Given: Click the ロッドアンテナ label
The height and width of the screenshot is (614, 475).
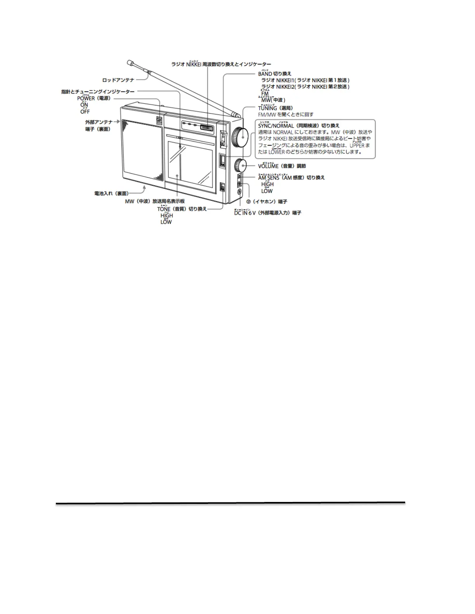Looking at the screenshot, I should click(x=118, y=80).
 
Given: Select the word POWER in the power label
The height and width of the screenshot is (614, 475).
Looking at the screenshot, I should click(x=86, y=98).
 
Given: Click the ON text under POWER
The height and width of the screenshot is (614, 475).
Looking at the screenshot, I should click(x=84, y=105).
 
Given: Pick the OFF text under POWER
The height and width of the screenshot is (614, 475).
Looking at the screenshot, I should click(x=85, y=112).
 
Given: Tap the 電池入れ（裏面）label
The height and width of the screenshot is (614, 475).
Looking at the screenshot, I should click(x=111, y=193).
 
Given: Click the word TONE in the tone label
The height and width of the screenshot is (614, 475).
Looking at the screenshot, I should click(x=164, y=209).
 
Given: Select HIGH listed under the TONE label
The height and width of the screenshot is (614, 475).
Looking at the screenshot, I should click(x=166, y=216).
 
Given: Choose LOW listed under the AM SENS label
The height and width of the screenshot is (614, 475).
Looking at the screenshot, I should click(x=267, y=191).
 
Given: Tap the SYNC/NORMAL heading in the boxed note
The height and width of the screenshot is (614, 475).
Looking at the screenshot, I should click(x=276, y=126).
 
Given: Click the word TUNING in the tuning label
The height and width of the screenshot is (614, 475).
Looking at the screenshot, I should click(x=267, y=108).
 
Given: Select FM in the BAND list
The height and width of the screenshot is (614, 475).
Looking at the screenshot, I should click(x=265, y=94).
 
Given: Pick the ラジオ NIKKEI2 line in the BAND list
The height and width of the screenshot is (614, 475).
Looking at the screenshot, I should click(x=305, y=87).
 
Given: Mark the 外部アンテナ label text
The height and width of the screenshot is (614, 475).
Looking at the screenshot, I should click(x=99, y=122).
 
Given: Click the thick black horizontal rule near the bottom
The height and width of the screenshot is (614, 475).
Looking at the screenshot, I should click(x=230, y=503).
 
